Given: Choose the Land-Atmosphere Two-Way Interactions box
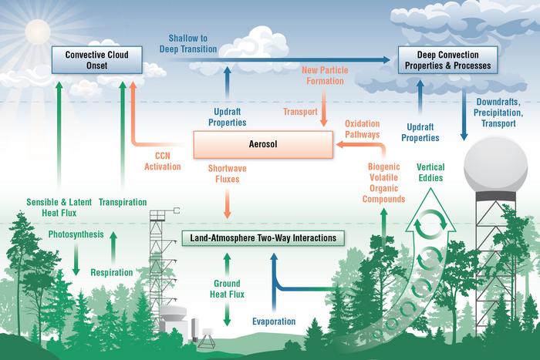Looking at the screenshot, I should point(261,237).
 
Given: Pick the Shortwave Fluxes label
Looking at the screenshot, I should point(227,174).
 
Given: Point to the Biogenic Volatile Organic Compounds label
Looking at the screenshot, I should point(383,181).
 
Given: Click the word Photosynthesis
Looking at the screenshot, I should point(76,234).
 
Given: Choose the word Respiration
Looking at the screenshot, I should point(113,271).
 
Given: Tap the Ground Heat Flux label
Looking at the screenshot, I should point(227,288).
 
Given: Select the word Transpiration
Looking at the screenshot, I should point(123,202).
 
